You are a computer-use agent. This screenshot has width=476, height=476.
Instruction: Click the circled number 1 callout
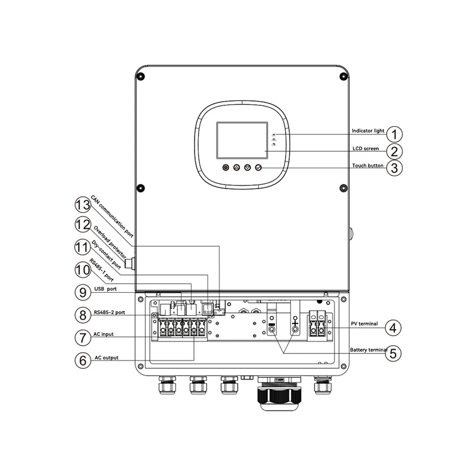click(x=394, y=134)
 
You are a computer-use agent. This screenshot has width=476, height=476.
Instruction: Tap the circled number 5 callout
click(x=393, y=353)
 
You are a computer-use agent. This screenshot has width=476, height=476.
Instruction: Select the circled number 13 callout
click(x=83, y=205)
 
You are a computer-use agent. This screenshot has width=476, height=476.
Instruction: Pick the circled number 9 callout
click(x=83, y=292)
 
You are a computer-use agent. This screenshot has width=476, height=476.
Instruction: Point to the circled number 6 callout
click(x=83, y=361)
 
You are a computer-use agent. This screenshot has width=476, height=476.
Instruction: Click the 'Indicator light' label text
click(x=368, y=130)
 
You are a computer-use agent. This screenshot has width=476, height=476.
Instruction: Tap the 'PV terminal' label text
click(x=364, y=324)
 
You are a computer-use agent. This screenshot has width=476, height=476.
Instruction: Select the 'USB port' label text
click(x=105, y=289)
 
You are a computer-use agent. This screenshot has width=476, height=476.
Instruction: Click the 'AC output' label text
click(x=107, y=358)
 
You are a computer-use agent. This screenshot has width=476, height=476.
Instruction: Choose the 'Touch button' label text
click(x=368, y=165)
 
